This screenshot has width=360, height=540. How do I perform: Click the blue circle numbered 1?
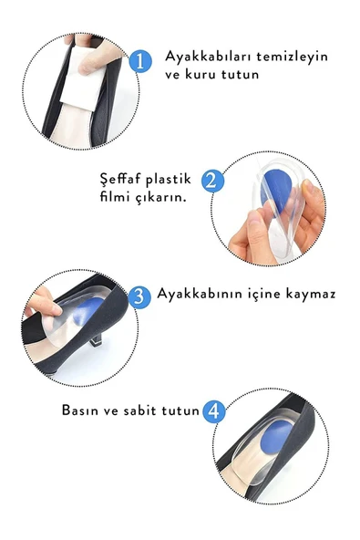point(139,61)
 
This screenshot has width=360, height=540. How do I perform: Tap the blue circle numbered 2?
point(212,180)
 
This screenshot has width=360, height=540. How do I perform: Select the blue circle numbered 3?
point(139,296)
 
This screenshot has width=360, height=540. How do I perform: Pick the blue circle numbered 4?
point(213,410)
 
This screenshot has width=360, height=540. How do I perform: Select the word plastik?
point(173,179)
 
